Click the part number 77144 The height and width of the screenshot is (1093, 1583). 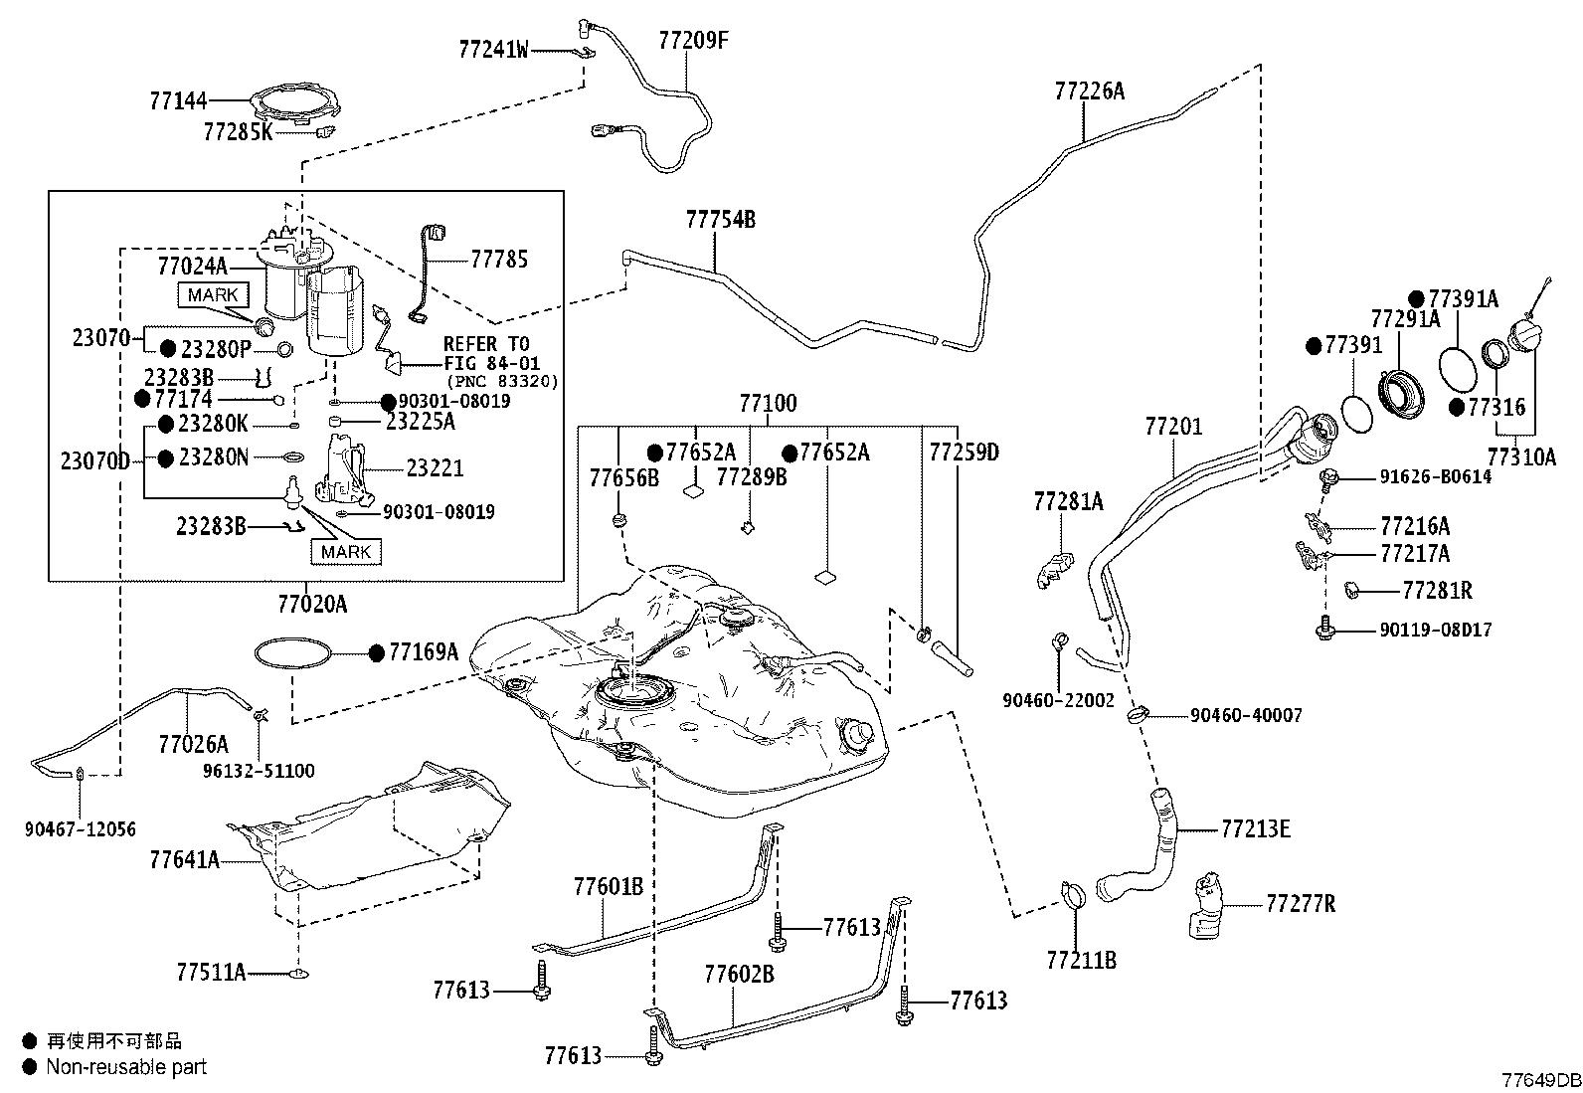click(x=178, y=101)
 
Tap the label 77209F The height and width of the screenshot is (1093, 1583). click(x=693, y=41)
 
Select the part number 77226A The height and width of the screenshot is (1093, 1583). click(x=1089, y=91)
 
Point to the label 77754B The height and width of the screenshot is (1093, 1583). click(x=720, y=220)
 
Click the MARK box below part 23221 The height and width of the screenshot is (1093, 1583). click(x=346, y=551)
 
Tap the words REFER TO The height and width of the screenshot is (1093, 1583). click(x=486, y=344)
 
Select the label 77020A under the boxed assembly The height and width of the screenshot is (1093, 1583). click(x=312, y=605)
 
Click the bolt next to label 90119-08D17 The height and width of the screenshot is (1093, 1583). click(x=1325, y=628)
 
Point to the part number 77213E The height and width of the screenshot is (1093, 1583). click(x=1256, y=828)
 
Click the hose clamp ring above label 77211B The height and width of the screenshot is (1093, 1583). click(x=1074, y=896)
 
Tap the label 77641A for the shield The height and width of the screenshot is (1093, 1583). click(x=184, y=860)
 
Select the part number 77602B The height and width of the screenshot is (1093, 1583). click(x=739, y=975)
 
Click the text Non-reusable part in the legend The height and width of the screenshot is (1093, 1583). click(x=126, y=1067)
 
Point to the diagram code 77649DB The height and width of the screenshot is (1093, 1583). click(x=1541, y=1080)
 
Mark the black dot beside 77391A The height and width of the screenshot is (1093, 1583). click(x=1416, y=299)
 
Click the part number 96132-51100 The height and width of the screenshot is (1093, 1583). click(x=259, y=771)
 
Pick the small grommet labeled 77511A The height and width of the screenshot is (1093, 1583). click(x=299, y=975)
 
